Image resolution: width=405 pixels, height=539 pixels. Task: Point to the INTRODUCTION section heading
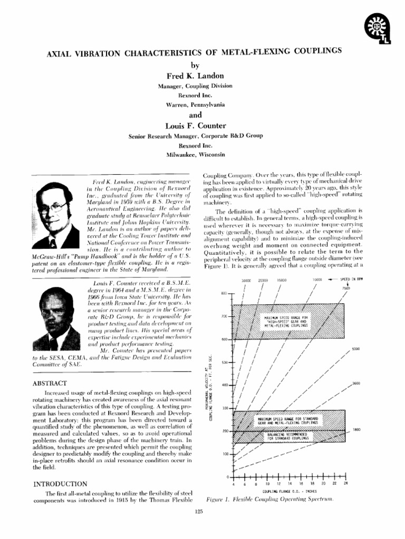pyautogui.click(x=61, y=483)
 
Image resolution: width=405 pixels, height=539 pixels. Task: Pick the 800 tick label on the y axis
pyautogui.click(x=223, y=293)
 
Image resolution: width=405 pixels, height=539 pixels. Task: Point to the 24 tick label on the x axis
pyautogui.click(x=346, y=483)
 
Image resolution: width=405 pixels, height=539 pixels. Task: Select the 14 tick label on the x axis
pyautogui.click(x=290, y=483)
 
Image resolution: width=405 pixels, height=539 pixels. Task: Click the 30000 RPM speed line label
pyautogui.click(x=246, y=281)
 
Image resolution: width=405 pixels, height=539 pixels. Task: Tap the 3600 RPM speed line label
pyautogui.click(x=356, y=383)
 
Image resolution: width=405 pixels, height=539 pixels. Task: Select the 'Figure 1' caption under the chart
pyautogui.click(x=269, y=498)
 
